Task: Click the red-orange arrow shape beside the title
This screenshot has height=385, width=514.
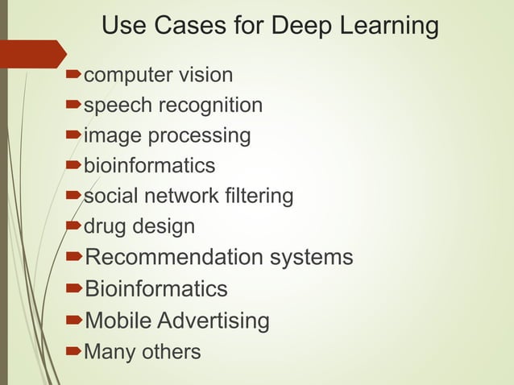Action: point(32,53)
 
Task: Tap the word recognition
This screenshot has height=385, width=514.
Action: point(211,106)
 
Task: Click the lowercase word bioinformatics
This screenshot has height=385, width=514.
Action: point(150,166)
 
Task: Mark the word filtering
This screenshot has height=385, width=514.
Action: point(262,196)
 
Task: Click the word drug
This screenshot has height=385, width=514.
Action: point(102,226)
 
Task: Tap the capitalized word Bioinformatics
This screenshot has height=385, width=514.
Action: point(156,288)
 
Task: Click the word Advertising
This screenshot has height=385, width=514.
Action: point(213,321)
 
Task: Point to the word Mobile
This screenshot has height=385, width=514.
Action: point(118,321)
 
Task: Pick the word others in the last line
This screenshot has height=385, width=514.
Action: point(170,352)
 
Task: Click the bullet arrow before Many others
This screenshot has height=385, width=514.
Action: point(73,351)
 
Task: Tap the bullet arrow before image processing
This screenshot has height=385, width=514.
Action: point(73,135)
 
